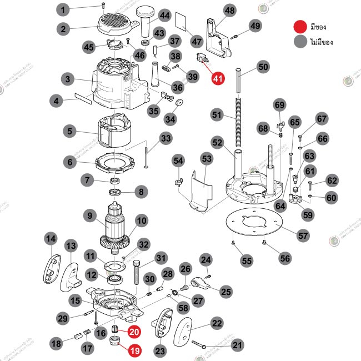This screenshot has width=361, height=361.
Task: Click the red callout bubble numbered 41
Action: pos(217,78)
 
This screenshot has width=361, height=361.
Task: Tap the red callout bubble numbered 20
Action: pos(134,332)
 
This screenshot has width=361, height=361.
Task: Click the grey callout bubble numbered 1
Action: pos(63,9)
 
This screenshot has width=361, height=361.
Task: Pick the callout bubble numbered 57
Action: pos(303,235)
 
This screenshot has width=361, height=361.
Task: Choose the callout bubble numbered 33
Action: pos(166,138)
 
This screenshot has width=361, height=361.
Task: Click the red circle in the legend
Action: pos(301,26)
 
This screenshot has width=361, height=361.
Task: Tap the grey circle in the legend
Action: pos(301,41)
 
